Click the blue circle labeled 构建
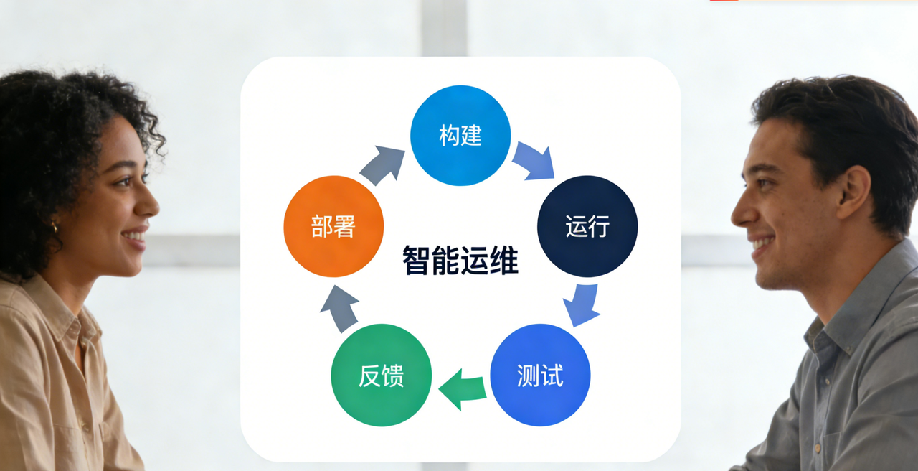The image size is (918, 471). [460, 135]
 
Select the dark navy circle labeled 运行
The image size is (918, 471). [587, 226]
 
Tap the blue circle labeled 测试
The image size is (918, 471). [540, 375]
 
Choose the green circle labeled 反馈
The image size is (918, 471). [381, 375]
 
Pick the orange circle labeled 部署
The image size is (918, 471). [333, 226]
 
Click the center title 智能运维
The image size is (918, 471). [460, 260]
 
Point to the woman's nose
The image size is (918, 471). [148, 204]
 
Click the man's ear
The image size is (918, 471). [853, 192]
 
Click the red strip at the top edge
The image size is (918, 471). [724, 1]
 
